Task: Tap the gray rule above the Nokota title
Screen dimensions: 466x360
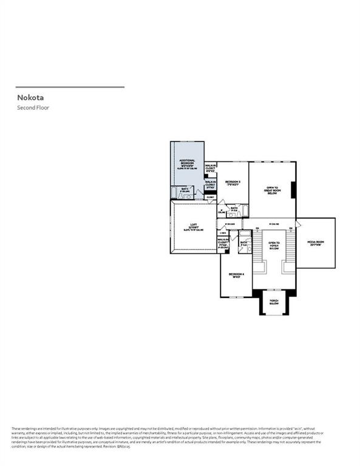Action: (70, 87)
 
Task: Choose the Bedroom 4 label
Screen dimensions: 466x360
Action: (236, 275)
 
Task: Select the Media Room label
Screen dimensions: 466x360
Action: (316, 243)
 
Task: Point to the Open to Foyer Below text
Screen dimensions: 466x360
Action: (273, 245)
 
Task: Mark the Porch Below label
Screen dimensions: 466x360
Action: (274, 302)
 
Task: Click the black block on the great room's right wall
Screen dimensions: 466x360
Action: (294, 191)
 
